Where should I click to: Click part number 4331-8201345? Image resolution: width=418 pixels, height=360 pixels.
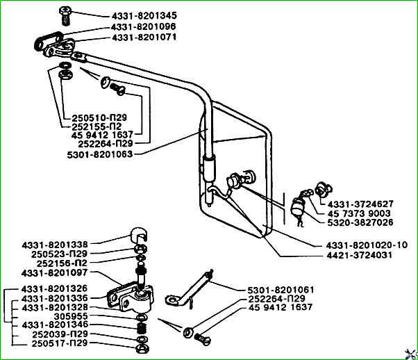coord(144,16)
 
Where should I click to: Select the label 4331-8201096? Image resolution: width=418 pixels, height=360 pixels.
coord(144,26)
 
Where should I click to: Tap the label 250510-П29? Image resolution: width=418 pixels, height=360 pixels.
coord(99,117)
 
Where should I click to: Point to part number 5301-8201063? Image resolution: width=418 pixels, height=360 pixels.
coord(100,154)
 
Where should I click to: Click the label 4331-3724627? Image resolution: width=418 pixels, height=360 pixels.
coord(360,204)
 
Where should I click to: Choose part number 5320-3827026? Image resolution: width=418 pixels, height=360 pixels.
coord(360,222)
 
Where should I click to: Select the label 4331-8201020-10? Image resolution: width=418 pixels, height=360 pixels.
coord(367,245)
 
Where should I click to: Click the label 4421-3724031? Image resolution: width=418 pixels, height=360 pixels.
coord(360,255)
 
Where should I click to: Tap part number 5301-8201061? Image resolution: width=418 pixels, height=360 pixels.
coord(281,290)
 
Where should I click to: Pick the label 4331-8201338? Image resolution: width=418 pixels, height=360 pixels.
coord(55,245)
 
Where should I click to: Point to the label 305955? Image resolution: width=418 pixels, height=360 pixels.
coord(71,316)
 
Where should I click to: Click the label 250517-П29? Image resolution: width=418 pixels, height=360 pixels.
coord(60,343)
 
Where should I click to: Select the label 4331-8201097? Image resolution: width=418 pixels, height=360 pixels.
coord(54,273)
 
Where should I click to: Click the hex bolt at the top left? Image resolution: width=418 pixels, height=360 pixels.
coord(65,16)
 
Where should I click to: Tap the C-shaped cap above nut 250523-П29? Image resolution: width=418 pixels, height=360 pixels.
coord(139,235)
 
